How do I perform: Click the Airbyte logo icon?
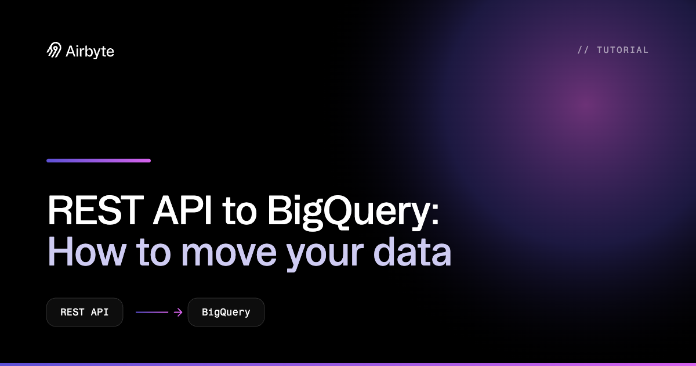click(54, 50)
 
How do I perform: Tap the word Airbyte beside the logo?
click(90, 51)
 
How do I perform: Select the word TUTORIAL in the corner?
click(623, 50)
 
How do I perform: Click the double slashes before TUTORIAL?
click(583, 50)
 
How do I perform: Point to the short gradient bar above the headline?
click(99, 160)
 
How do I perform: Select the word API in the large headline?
click(182, 210)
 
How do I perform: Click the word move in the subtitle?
click(229, 254)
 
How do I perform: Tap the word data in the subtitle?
click(412, 252)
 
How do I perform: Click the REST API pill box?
click(85, 312)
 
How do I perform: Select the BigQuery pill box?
click(226, 312)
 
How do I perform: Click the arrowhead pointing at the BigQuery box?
click(179, 312)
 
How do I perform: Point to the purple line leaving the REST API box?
click(152, 312)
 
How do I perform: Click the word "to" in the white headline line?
click(240, 212)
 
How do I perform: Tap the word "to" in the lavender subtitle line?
click(154, 254)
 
